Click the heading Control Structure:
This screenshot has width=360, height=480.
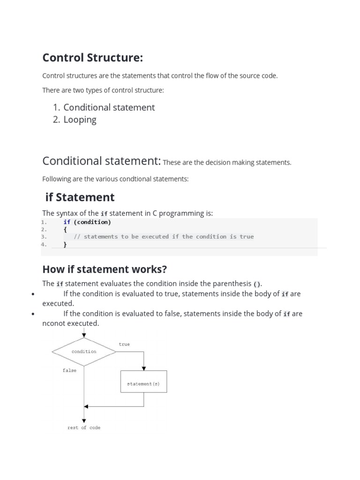pos(92,58)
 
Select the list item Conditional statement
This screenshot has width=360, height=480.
pos(109,107)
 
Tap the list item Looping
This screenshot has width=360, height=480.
pos(80,120)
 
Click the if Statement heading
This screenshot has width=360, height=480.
pos(80,197)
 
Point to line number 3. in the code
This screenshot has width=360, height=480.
pos(44,237)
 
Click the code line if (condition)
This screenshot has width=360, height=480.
pos(87,222)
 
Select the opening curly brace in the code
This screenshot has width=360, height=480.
pos(65,230)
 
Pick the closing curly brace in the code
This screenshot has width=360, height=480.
pos(65,244)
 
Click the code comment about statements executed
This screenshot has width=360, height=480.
pos(164,237)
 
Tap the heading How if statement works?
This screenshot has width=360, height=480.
pos(105,269)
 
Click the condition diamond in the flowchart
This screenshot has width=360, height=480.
pos(84,352)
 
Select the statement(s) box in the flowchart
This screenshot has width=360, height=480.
pos(143,383)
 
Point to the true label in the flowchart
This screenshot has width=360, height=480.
pos(124,344)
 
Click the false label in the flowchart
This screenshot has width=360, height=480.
pos(69,370)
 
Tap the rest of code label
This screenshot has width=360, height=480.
pos(84,427)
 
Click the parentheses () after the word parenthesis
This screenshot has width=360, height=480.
pos(257,284)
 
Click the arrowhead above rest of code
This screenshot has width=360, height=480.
pos(84,420)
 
